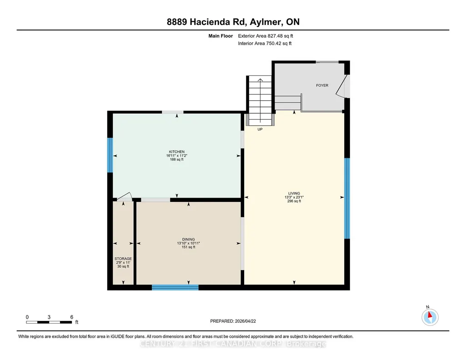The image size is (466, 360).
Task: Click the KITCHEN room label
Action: pos(177,152)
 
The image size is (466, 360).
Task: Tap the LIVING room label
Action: pos(294,193)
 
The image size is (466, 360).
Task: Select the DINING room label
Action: pos(188,240)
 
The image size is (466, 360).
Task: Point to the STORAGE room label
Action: pos(123,259)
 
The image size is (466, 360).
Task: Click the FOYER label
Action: pos(322,85)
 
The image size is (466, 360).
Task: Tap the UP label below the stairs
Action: pos(260,130)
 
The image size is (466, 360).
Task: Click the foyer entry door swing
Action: pos(342,86)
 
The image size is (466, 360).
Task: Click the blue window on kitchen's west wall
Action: pos(110,155)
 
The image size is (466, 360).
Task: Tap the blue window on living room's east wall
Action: pos(347,199)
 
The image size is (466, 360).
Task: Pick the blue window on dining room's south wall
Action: pos(175,287)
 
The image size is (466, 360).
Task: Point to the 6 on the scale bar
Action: pos(72,317)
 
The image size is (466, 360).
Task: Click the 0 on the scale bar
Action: pos(27,317)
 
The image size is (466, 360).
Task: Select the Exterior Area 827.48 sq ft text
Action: pos(266,36)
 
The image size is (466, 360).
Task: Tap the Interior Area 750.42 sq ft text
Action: pos(265,43)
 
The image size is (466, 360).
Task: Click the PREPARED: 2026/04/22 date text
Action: pos(233,321)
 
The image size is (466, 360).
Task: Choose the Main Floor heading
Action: pos(220,36)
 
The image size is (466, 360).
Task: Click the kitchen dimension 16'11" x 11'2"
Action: pos(177,155)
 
